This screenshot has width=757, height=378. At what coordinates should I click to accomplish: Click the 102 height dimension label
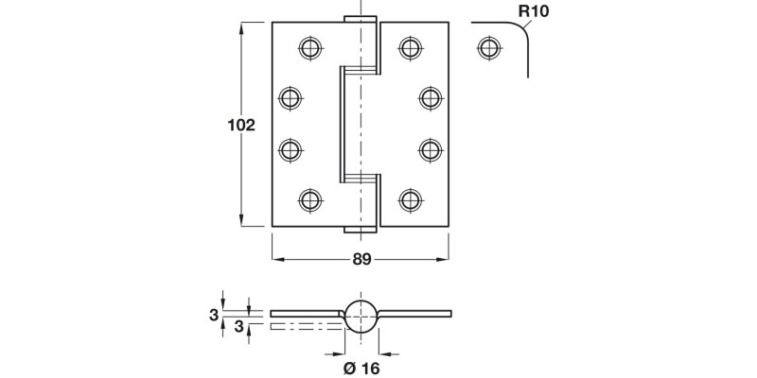(243, 125)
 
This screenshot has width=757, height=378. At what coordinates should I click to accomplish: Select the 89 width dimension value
(361, 260)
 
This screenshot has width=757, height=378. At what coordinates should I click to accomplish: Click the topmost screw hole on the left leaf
(308, 45)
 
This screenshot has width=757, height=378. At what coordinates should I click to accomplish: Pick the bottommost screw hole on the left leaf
(308, 198)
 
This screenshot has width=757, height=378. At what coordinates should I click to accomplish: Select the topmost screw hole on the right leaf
(409, 45)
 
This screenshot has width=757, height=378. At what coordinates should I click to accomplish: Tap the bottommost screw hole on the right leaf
(409, 198)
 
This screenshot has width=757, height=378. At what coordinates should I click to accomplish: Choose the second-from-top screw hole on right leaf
(429, 96)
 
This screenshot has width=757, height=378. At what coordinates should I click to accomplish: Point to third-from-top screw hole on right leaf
(429, 147)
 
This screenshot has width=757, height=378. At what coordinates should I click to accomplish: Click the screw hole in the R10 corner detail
(487, 45)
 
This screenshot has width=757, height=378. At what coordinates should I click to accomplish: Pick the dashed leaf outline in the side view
(303, 326)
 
